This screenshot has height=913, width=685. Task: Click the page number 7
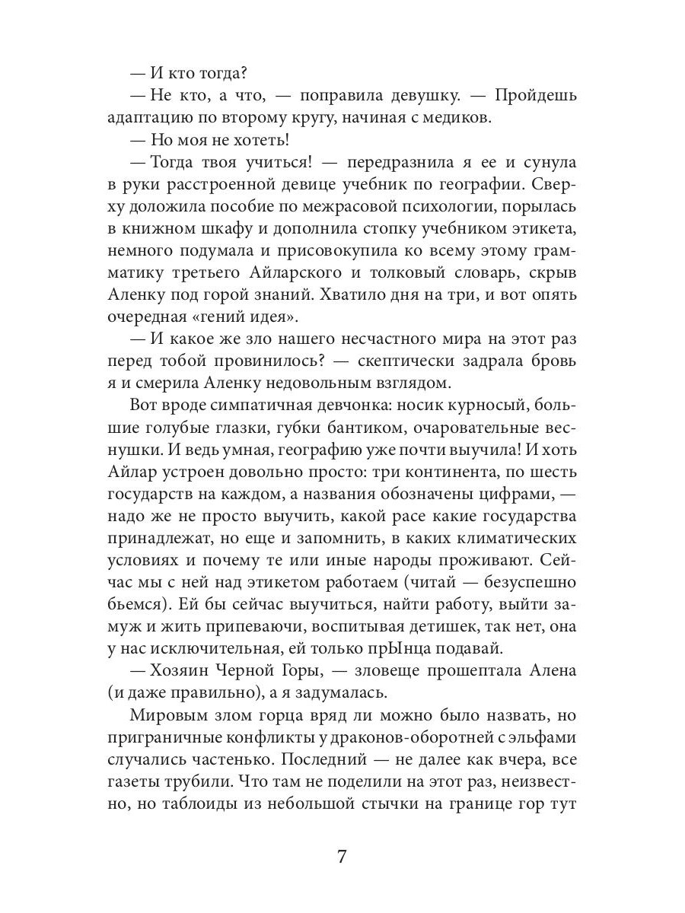342,856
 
